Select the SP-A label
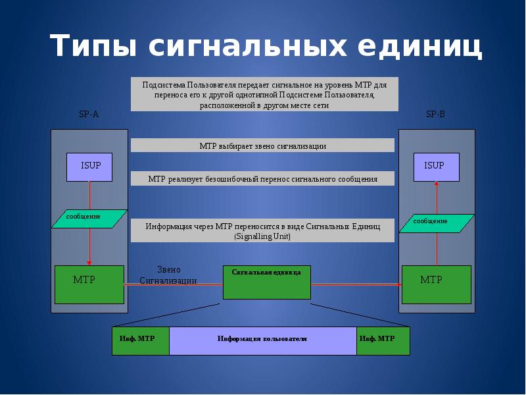pyautogui.click(x=89, y=115)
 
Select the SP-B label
pyautogui.click(x=435, y=115)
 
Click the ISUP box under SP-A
pyautogui.click(x=89, y=167)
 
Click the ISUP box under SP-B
pyautogui.click(x=435, y=167)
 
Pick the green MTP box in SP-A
pyautogui.click(x=89, y=284)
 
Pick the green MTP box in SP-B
pyautogui.click(x=436, y=284)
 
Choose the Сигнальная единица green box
pyautogui.click(x=266, y=282)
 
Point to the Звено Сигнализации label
pyautogui.click(x=168, y=275)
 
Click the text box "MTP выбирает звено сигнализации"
pyautogui.click(x=262, y=145)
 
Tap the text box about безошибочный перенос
pyautogui.click(x=262, y=179)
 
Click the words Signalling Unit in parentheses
pyautogui.click(x=262, y=236)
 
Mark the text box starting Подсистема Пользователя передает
pyautogui.click(x=264, y=95)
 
